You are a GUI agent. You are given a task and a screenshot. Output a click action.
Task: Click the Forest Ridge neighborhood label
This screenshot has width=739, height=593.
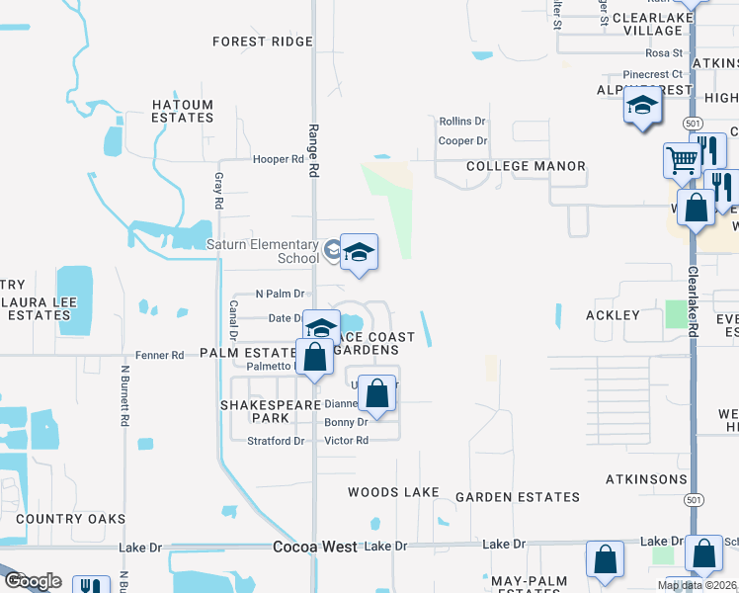tap(263, 42)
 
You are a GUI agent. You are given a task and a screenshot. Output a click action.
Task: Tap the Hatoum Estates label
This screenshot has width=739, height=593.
tap(182, 111)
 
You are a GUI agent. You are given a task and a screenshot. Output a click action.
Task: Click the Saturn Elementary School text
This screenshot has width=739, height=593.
tap(262, 251)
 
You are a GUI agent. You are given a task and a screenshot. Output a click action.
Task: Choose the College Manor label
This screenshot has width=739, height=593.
tap(526, 166)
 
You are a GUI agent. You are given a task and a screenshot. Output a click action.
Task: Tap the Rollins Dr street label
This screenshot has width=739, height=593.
tap(462, 122)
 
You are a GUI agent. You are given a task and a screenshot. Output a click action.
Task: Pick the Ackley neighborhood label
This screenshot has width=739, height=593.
tap(613, 315)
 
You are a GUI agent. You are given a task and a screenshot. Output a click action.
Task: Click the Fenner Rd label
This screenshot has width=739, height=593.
tap(160, 355)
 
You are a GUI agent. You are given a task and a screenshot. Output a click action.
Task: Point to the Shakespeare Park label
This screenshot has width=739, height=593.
tap(270, 411)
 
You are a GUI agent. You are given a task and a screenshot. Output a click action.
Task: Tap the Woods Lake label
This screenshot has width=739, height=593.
tap(393, 492)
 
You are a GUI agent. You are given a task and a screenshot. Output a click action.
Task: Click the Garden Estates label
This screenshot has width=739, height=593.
tap(517, 497)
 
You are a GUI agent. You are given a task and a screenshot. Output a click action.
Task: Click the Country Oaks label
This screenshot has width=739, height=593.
tap(70, 519)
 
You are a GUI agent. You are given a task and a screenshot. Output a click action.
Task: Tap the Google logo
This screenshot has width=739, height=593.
tap(33, 581)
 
